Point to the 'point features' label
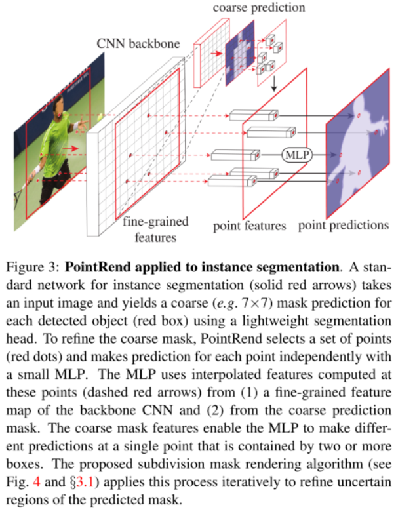pos(249,226)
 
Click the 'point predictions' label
pos(343,226)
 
